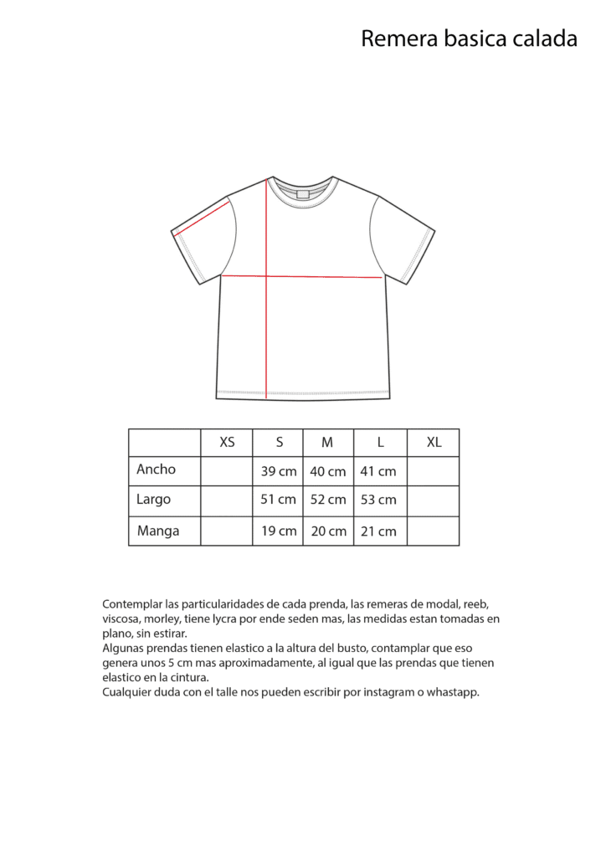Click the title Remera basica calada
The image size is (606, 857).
(x=469, y=38)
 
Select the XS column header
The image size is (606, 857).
(x=227, y=443)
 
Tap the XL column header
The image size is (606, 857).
(x=434, y=443)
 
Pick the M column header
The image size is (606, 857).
(x=327, y=443)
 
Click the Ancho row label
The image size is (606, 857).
(x=157, y=470)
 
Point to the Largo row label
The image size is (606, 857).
(x=154, y=500)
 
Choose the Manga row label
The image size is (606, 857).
(x=158, y=531)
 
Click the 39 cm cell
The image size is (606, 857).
(x=279, y=471)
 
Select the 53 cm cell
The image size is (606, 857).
(x=378, y=500)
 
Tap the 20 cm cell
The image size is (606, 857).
(x=328, y=531)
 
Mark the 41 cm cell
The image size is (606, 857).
(x=378, y=471)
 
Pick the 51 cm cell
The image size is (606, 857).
(x=279, y=500)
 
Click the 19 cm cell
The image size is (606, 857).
(x=279, y=531)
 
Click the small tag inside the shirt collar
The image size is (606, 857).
(x=302, y=194)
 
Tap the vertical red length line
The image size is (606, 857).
(x=267, y=335)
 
